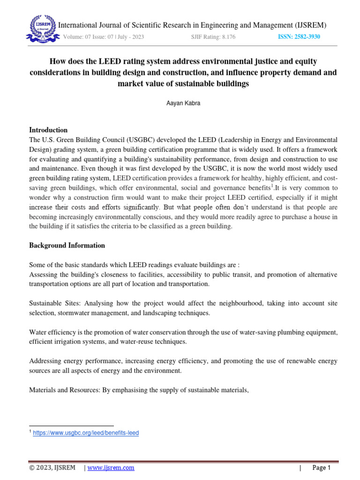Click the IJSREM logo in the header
[x=40, y=29]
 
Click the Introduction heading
[x=48, y=130]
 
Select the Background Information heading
[x=67, y=245]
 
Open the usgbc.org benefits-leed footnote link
[x=86, y=433]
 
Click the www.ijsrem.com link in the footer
[x=111, y=468]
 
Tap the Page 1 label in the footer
[x=322, y=468]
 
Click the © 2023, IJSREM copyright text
[x=52, y=468]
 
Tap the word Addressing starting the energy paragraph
[x=45, y=361]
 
